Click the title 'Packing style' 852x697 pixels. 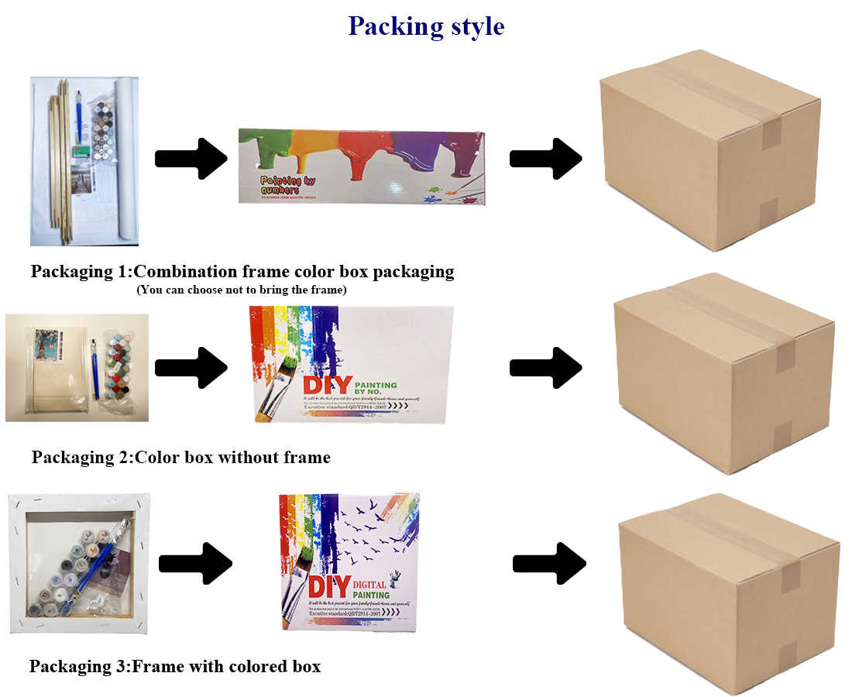426,26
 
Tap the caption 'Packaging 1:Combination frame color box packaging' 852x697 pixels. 242,272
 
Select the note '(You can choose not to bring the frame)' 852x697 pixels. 241,290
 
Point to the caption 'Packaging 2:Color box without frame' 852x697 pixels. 180,458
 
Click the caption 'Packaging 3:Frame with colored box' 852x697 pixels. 174,666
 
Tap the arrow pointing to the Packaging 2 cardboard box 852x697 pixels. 545,367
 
